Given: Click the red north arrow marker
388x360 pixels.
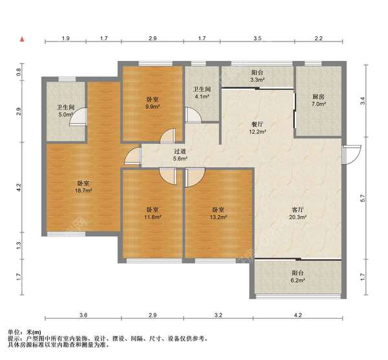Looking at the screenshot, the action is [22, 39].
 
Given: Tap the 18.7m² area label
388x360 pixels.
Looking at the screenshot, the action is [83, 190].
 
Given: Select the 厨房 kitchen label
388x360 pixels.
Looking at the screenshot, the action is [318, 97].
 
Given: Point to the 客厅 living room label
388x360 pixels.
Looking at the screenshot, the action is [298, 210].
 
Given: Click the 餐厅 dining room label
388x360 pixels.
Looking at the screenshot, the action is [257, 124].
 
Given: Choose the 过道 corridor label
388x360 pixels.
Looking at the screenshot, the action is [180, 152].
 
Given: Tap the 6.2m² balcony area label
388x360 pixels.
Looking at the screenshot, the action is [298, 280].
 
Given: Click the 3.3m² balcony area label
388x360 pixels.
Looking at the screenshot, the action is [257, 80].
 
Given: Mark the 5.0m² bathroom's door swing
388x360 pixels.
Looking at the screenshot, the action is [78, 117].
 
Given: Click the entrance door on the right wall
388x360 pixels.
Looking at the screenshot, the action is [351, 155].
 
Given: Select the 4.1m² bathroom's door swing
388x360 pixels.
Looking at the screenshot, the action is [193, 115].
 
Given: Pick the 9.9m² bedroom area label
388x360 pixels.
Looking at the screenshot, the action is [153, 107].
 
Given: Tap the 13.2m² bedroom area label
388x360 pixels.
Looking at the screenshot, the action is [219, 218].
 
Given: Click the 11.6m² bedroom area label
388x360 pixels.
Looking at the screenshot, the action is [153, 218].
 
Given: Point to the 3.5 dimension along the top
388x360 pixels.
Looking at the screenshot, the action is [257, 38].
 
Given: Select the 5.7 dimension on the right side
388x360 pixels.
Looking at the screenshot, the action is [363, 198].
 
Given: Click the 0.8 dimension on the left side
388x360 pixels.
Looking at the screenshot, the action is [19, 72].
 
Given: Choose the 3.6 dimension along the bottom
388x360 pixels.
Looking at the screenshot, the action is [83, 315].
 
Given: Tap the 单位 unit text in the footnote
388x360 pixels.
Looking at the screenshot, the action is [14, 332].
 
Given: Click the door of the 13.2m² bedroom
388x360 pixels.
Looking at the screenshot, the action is [195, 177].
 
